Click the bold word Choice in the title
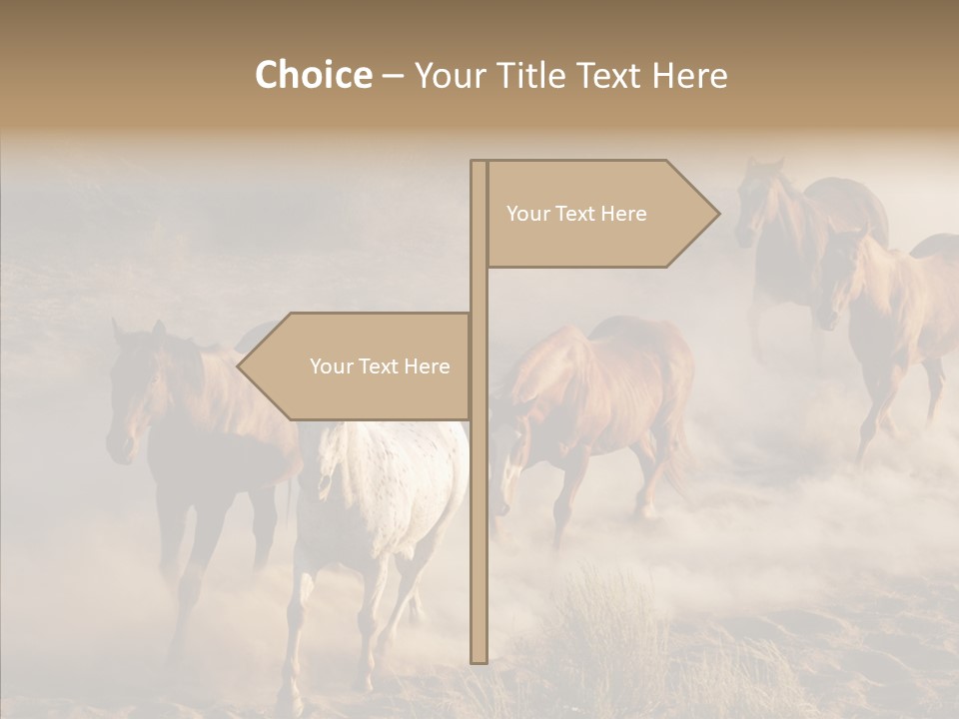pos(313,75)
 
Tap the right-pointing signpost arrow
pos(599,214)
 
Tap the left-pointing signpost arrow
pos(356,365)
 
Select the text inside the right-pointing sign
pos(576,214)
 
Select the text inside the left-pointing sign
pos(380,366)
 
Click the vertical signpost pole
pos(479,499)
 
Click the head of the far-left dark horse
pos(130,399)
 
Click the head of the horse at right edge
pos(839,280)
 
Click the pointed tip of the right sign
pos(716,214)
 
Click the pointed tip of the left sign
pos(241,365)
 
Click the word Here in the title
pos(689,75)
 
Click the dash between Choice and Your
pos(393,76)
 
